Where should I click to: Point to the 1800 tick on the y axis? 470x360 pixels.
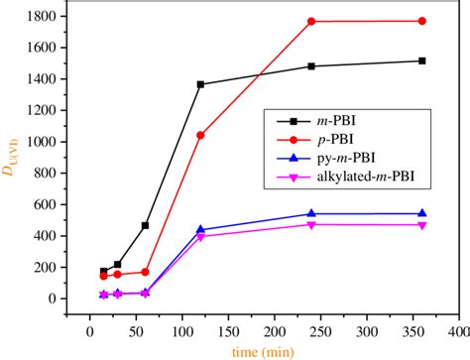[x=40, y=17]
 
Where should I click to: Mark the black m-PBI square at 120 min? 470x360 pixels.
[x=200, y=84]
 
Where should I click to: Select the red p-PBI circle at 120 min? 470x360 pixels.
[x=200, y=135]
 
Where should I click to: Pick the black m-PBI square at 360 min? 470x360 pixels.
[x=421, y=60]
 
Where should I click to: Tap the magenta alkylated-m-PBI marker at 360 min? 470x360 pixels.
[x=421, y=225]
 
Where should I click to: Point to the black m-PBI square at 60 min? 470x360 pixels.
[x=146, y=225]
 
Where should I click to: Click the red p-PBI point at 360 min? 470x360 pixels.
[x=421, y=21]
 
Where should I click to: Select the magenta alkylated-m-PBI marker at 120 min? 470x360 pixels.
[x=200, y=237]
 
